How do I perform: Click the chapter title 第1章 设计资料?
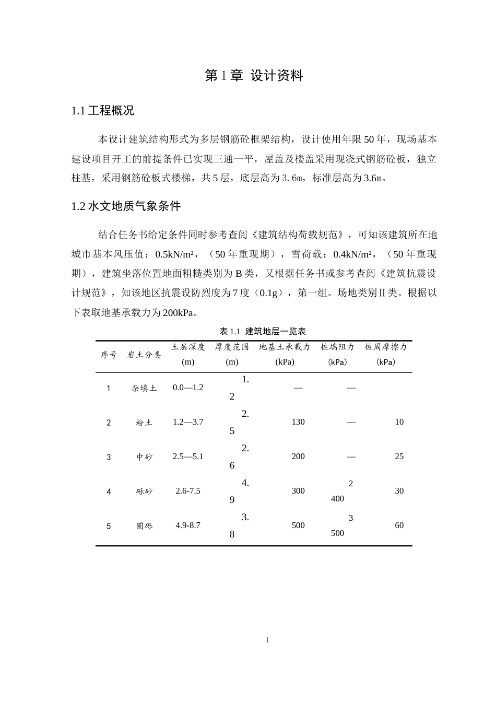tap(254, 76)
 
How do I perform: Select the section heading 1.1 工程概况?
tap(103, 111)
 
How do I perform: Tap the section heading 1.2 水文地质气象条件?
tap(126, 206)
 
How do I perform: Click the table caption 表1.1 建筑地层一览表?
tap(263, 331)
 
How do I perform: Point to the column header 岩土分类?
tap(144, 355)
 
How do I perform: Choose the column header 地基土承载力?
tap(285, 347)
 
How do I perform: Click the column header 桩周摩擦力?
tap(385, 347)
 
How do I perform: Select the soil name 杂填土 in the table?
tap(144, 388)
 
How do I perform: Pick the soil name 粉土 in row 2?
tap(144, 423)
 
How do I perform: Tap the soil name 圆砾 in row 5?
tap(144, 526)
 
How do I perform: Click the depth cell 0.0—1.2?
tap(188, 388)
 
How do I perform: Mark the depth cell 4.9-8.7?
tap(188, 525)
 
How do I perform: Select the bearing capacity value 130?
tap(298, 422)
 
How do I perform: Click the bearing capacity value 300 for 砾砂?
tap(298, 491)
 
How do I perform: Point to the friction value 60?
tap(399, 525)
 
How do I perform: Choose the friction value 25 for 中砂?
tap(399, 457)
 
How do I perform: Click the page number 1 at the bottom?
tap(267, 640)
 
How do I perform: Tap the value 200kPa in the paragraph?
tap(178, 313)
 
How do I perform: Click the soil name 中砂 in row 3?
tap(144, 457)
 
